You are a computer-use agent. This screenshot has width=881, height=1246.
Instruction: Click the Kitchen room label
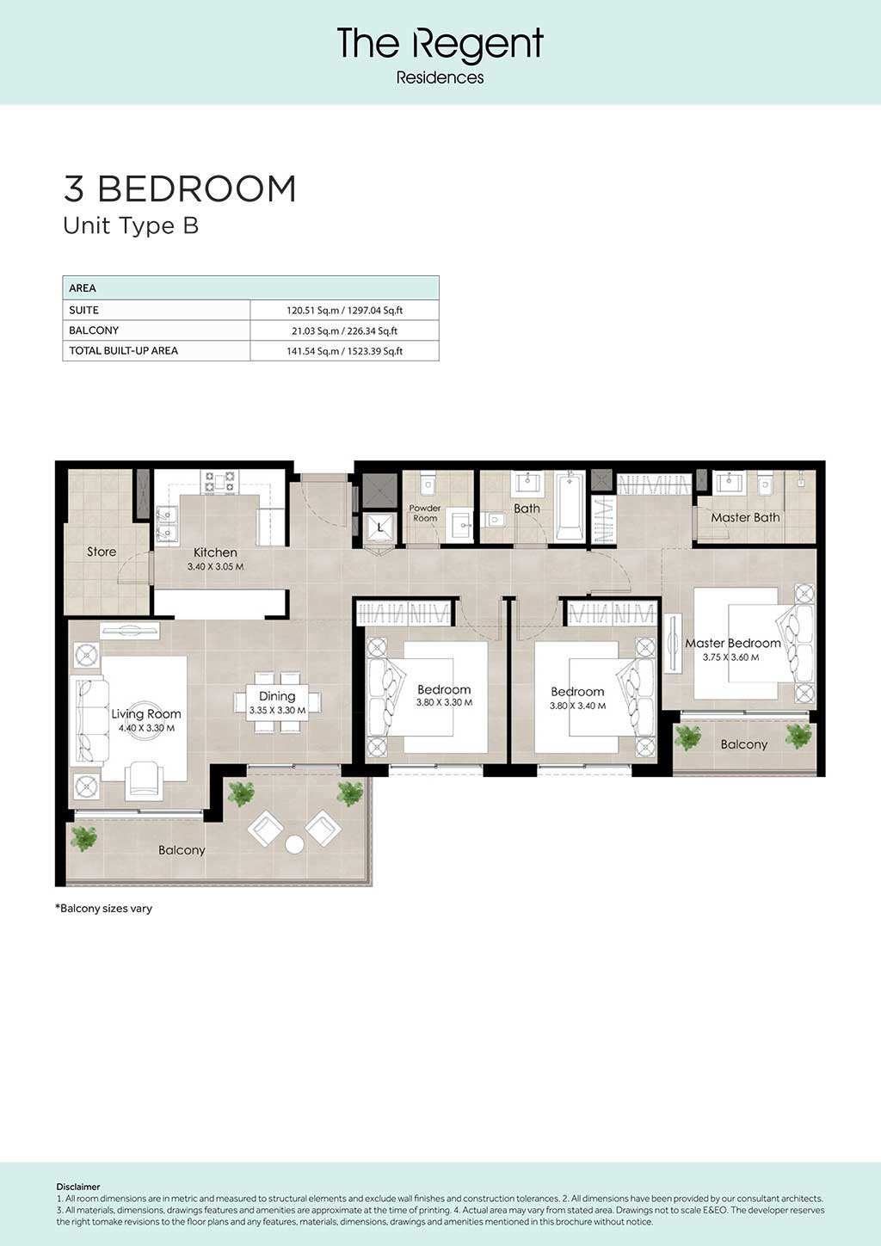(215, 552)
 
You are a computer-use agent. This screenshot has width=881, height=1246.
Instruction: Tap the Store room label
(102, 552)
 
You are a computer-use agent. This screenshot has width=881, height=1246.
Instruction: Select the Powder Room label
(425, 513)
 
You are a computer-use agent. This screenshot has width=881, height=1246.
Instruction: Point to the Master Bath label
(745, 517)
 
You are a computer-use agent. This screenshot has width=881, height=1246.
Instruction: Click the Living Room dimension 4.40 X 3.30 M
(146, 728)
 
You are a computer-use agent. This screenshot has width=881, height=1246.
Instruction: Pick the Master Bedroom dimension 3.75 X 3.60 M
(730, 657)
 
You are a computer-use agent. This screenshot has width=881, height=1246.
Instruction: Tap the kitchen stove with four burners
(220, 482)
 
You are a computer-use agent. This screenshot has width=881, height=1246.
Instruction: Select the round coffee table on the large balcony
(294, 844)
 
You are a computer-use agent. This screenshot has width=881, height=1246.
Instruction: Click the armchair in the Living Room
(144, 780)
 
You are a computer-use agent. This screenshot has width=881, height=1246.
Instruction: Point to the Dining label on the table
(277, 696)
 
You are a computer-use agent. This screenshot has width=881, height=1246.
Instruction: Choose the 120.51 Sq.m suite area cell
(344, 311)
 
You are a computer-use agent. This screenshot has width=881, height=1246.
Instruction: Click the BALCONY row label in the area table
(94, 330)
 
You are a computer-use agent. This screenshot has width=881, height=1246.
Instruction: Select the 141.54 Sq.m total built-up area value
(344, 351)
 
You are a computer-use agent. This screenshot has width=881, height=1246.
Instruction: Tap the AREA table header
(83, 288)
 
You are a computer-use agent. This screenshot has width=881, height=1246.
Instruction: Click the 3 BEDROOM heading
(180, 188)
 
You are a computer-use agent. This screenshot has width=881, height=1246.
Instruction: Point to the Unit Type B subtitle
(131, 225)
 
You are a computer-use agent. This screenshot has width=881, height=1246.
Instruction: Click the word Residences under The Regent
(440, 77)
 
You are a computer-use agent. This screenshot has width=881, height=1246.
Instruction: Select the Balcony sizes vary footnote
(103, 909)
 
